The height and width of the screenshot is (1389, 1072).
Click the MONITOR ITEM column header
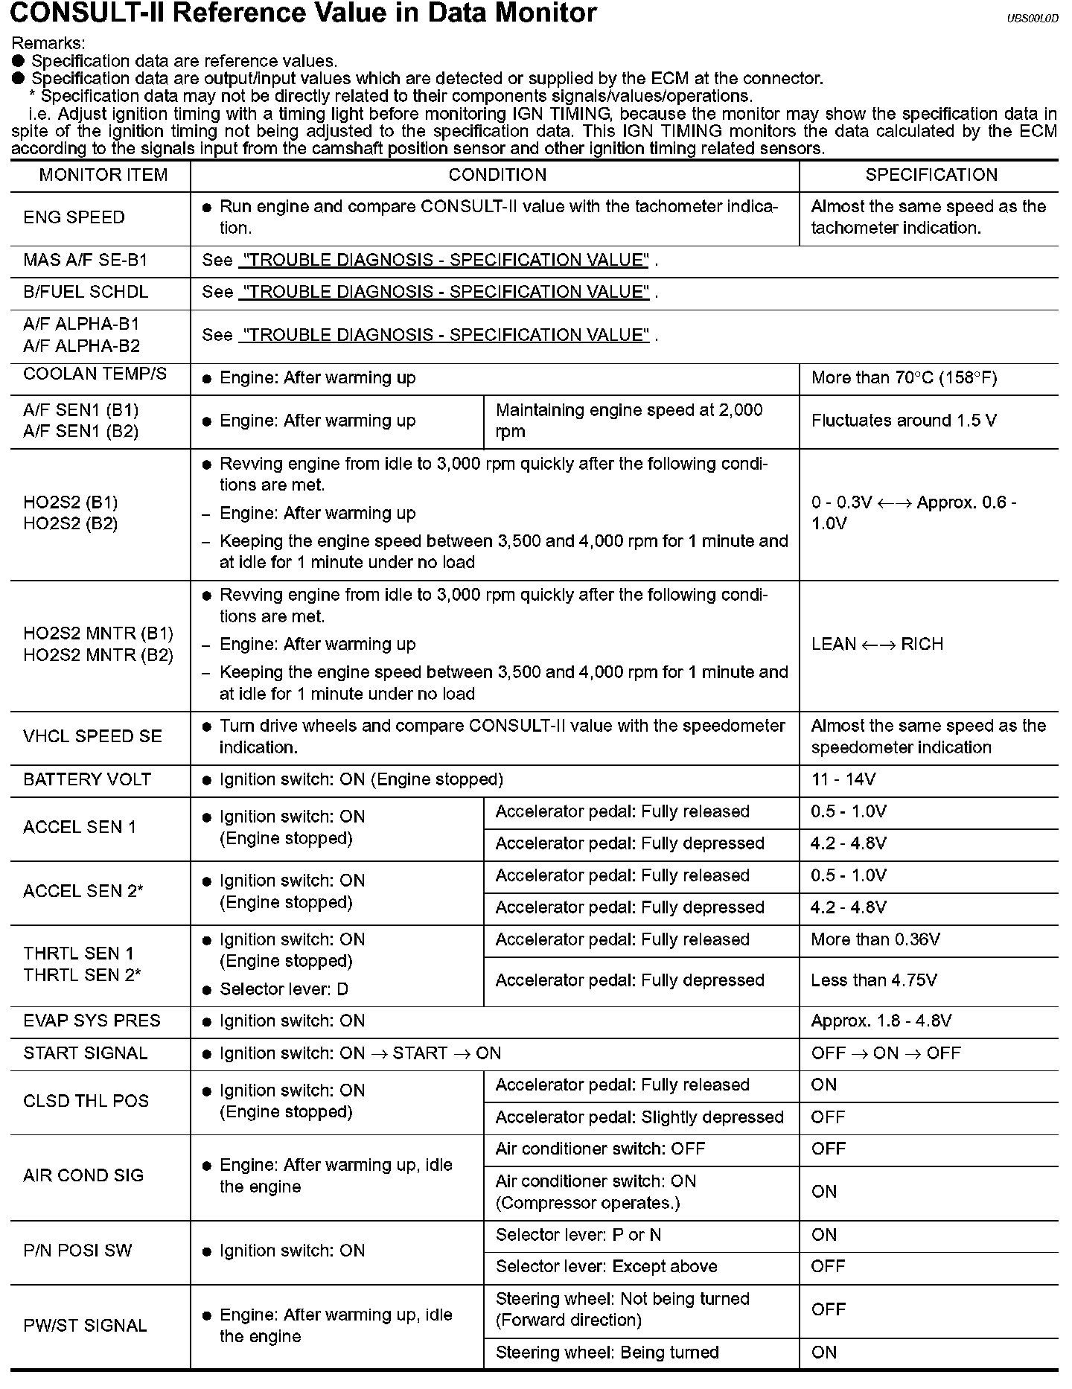[103, 175]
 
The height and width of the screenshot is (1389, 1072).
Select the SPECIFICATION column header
[931, 175]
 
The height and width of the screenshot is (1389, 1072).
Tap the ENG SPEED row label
[74, 217]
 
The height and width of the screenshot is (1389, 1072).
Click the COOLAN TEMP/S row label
[95, 374]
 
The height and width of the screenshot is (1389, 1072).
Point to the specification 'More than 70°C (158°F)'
[904, 378]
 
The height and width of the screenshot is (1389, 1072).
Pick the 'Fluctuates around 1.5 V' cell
[903, 421]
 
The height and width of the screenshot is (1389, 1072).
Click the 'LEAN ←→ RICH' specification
[877, 644]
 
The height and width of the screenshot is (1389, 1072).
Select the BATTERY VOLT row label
[87, 779]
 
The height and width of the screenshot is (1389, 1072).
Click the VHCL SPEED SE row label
[92, 736]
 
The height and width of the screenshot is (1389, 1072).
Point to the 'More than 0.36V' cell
[875, 939]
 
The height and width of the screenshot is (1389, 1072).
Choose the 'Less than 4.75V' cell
[874, 980]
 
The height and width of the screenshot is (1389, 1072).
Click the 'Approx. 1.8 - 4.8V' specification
[881, 1021]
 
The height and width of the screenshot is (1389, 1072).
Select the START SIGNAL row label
[86, 1053]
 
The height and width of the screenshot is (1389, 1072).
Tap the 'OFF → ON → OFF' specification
[886, 1053]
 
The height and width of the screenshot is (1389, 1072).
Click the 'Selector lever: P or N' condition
[578, 1235]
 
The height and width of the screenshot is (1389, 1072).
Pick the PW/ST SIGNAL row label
[86, 1326]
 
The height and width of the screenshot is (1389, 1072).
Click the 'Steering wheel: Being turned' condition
[607, 1353]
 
